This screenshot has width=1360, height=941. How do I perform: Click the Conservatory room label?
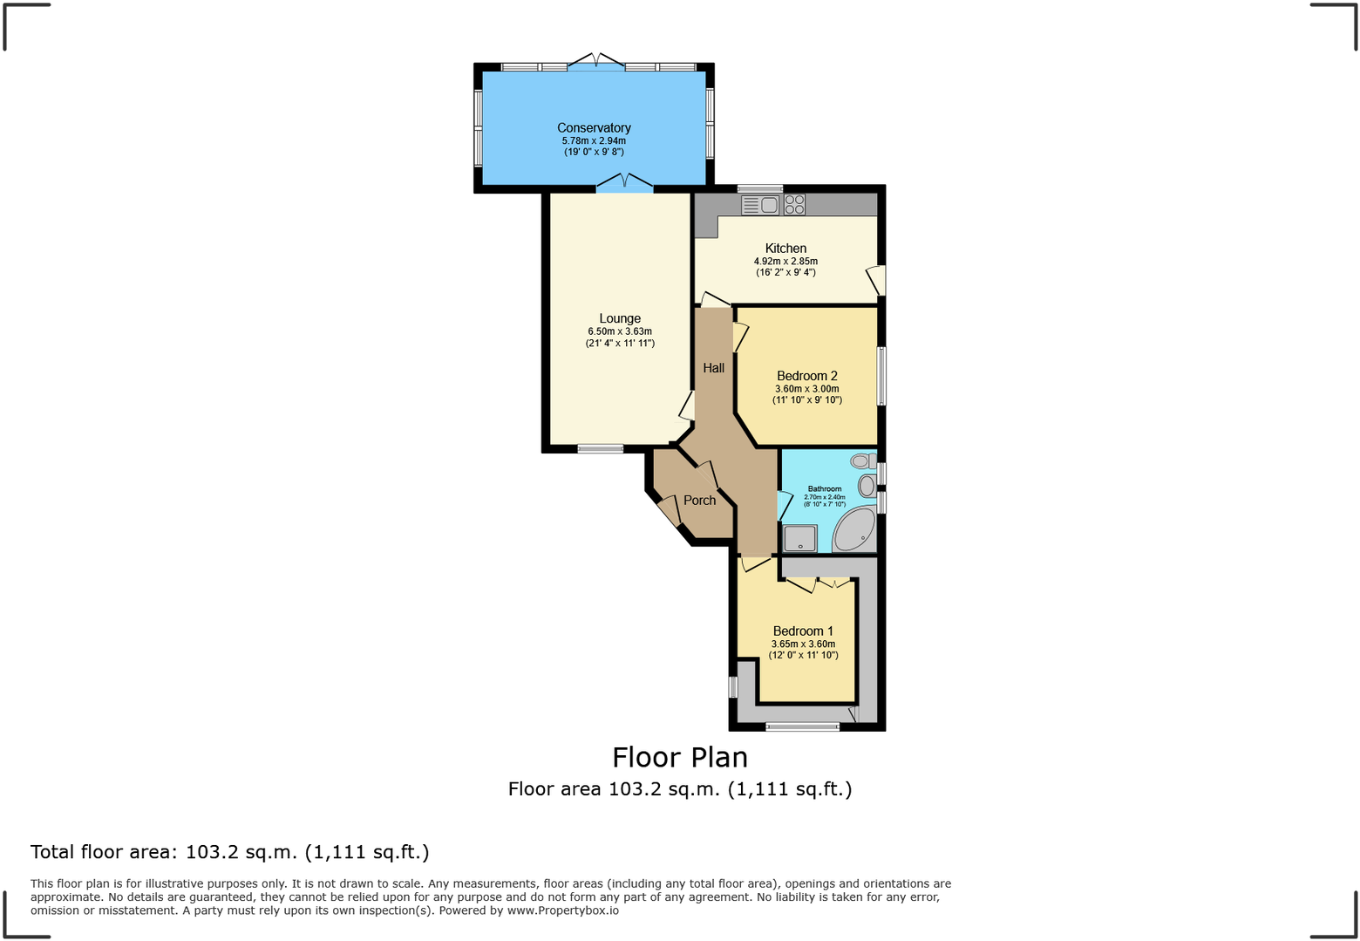pyautogui.click(x=594, y=128)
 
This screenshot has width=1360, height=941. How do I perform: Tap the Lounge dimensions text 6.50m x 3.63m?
pyautogui.click(x=620, y=331)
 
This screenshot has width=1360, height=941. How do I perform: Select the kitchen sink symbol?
pyautogui.click(x=760, y=205)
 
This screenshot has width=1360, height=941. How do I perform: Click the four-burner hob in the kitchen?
pyautogui.click(x=794, y=205)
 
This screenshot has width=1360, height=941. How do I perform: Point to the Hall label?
pyautogui.click(x=713, y=368)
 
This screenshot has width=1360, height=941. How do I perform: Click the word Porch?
pyautogui.click(x=699, y=501)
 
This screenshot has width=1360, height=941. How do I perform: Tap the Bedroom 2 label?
pyautogui.click(x=806, y=376)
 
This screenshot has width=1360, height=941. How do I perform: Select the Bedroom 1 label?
pyautogui.click(x=803, y=631)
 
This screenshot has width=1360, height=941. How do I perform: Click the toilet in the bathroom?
pyautogui.click(x=864, y=460)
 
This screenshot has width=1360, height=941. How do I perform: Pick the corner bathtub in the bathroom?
pyautogui.click(x=855, y=530)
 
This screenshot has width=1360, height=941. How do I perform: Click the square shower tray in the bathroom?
pyautogui.click(x=799, y=538)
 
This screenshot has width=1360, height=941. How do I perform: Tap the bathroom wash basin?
pyautogui.click(x=867, y=486)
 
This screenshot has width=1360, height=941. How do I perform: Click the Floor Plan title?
pyautogui.click(x=680, y=757)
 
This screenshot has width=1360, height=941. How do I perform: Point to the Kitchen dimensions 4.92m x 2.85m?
pyautogui.click(x=785, y=261)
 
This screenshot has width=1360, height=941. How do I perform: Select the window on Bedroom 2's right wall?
pyautogui.click(x=881, y=376)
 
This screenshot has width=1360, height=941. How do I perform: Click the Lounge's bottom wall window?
pyautogui.click(x=601, y=449)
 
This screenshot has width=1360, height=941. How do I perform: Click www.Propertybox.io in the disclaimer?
pyautogui.click(x=562, y=910)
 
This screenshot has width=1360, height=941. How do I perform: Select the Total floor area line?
pyautogui.click(x=230, y=852)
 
